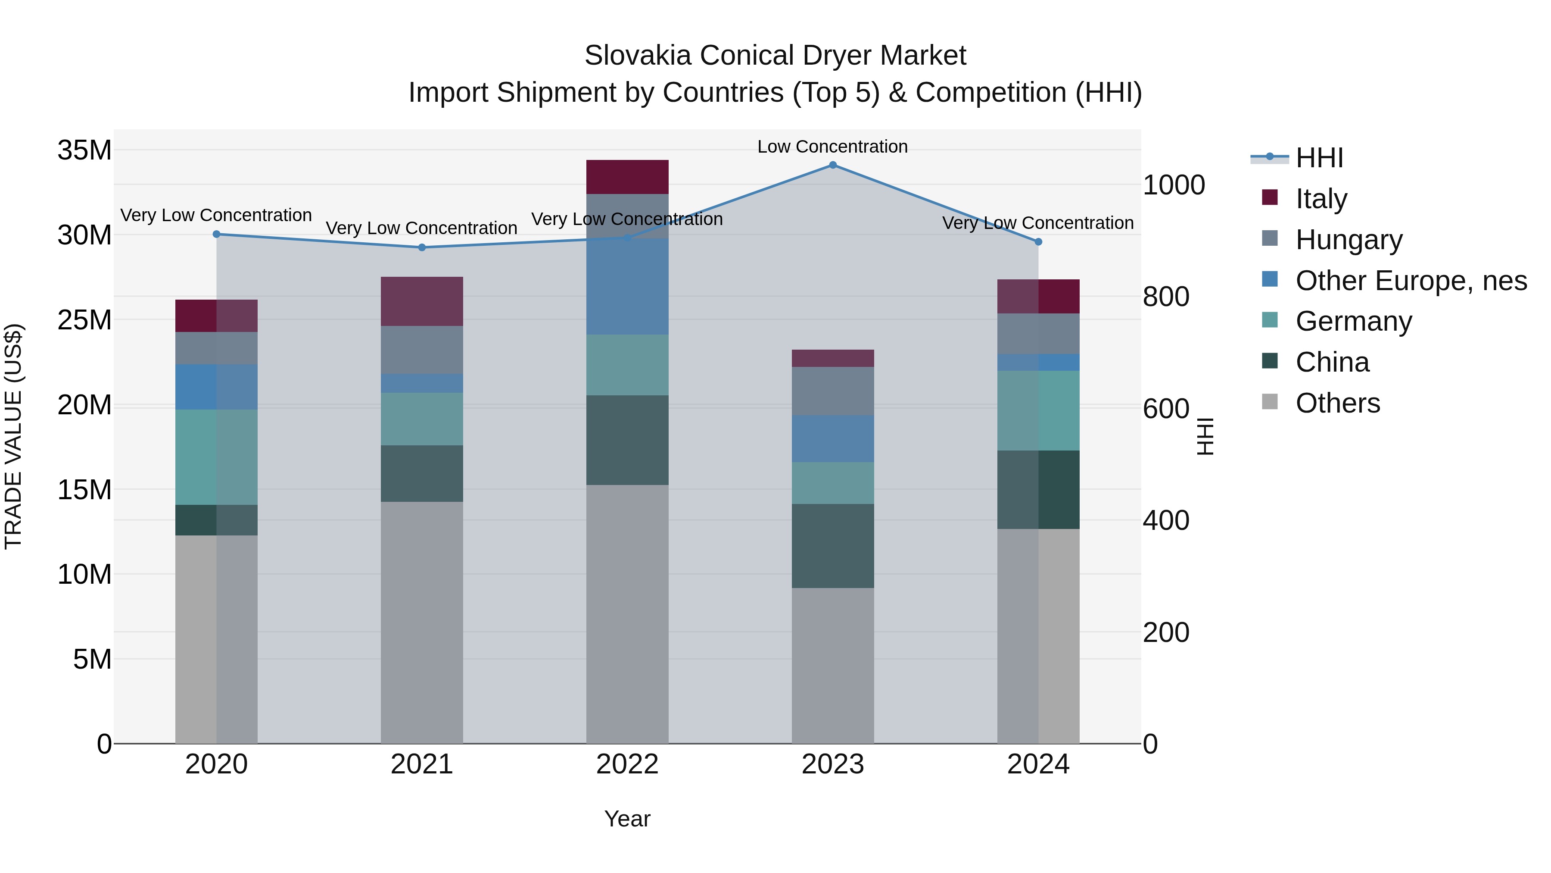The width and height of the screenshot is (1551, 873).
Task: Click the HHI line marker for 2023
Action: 833,165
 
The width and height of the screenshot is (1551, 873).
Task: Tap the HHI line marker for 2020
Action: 217,235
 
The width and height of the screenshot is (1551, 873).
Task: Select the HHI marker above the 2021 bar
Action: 422,247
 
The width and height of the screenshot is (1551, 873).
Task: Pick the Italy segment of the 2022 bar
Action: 627,177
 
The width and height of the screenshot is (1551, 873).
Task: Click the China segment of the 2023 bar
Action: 833,546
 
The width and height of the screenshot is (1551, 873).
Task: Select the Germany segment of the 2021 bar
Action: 422,419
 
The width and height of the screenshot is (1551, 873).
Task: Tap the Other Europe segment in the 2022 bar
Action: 627,287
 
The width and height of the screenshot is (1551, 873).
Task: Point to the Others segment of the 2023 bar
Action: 833,666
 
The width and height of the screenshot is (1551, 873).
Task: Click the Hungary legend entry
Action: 1349,240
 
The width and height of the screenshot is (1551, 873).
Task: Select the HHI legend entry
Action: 1319,158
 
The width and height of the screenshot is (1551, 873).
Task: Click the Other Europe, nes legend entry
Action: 1411,281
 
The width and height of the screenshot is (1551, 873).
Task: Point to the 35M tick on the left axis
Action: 84,150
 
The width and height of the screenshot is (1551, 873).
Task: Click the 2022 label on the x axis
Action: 627,764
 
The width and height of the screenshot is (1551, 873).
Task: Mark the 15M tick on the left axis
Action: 84,490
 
